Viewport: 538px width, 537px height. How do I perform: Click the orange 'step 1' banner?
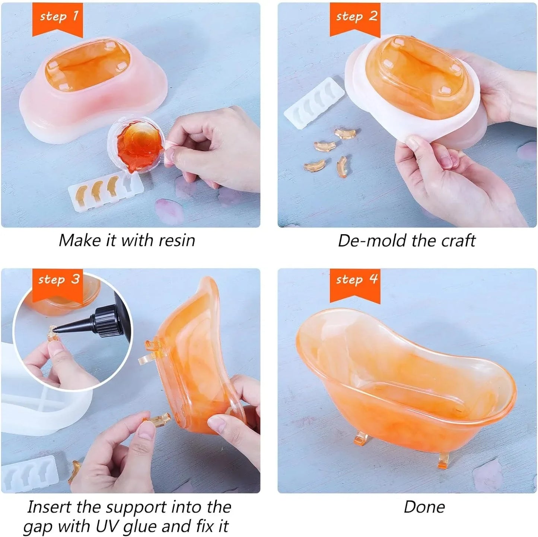57,19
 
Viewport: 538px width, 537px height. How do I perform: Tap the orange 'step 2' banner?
355,19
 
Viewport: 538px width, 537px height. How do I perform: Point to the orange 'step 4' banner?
355,285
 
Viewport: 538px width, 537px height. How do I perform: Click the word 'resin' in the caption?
176,241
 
